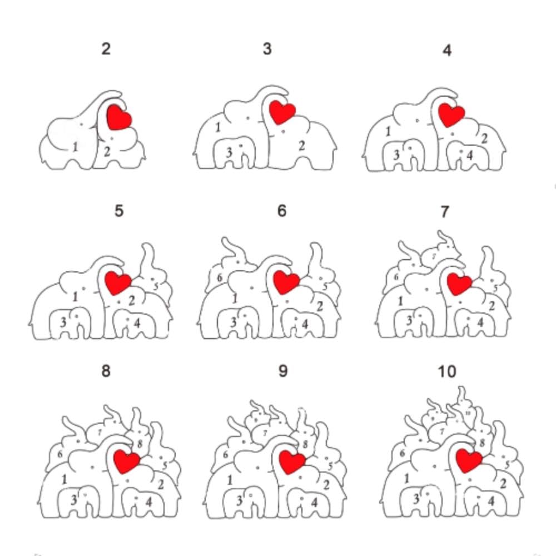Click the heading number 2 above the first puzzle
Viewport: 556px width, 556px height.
point(106,49)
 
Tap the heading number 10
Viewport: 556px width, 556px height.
point(447,371)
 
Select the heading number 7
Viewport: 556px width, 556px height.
point(444,212)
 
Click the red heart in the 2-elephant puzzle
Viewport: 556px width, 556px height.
point(118,117)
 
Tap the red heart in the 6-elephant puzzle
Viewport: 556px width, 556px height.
point(287,281)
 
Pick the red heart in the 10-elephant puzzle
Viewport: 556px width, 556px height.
point(468,461)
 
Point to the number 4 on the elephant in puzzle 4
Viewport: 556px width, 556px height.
point(470,155)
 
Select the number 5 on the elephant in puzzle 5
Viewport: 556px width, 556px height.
point(156,286)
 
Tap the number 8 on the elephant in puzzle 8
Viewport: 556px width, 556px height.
point(140,444)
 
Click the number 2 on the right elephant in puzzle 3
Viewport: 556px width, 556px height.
point(302,146)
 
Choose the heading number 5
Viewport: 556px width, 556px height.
point(118,212)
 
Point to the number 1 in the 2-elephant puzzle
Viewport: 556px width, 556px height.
point(75,147)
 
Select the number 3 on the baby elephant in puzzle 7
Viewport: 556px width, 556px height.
point(410,320)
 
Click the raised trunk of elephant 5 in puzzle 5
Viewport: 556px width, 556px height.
point(148,256)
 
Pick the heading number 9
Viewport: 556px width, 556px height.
point(283,371)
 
